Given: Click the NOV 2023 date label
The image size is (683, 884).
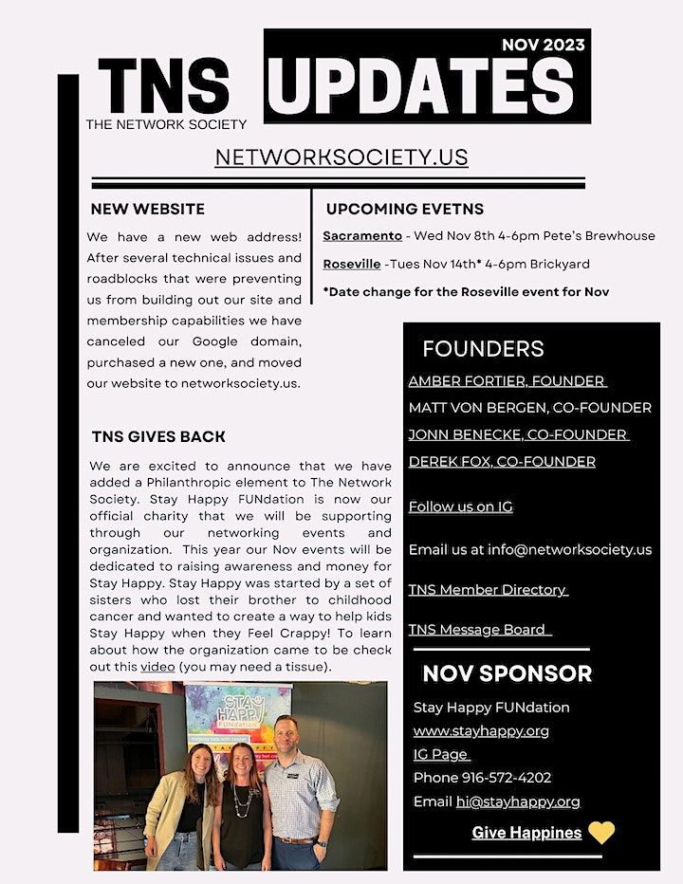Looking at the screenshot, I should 544,44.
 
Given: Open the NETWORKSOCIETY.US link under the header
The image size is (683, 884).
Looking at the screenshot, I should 341,157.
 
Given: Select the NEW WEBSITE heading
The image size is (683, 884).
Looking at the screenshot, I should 148,209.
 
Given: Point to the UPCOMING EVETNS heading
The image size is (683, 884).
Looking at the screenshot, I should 405,209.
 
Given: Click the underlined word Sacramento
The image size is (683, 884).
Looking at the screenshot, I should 362,235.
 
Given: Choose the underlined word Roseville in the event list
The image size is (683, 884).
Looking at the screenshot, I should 351,264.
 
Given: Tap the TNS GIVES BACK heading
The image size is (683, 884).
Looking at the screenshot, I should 158,436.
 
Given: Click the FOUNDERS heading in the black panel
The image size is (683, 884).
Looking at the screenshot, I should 483,348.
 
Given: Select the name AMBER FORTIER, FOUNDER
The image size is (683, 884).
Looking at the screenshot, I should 507,380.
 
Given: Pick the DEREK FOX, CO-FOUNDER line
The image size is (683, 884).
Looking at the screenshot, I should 502,462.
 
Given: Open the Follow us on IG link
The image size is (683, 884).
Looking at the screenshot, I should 460,506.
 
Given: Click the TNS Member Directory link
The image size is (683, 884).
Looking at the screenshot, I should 488,590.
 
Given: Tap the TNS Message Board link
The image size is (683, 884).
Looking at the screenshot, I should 480,630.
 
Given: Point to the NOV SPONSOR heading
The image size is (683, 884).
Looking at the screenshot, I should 507,673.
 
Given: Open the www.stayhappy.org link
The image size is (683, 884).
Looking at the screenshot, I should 481,731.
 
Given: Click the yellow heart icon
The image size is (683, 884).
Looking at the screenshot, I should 601,833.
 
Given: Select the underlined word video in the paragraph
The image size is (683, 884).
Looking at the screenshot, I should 157,667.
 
